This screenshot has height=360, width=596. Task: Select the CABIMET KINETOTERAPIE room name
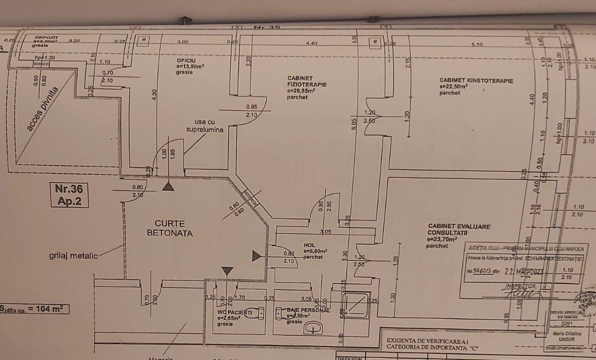[x=476, y=81]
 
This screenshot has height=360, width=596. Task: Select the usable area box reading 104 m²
[x=34, y=309]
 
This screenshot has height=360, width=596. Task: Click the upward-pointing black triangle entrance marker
[x=169, y=186]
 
